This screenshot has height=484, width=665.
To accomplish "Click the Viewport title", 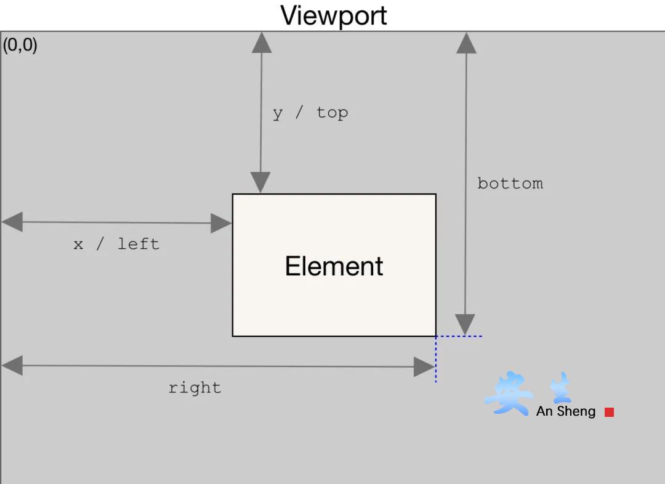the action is [x=333, y=16].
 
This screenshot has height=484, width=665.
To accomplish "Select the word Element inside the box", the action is [x=334, y=266].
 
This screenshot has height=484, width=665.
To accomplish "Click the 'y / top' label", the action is [x=310, y=113].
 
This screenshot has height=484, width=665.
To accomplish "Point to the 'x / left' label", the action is [x=116, y=244].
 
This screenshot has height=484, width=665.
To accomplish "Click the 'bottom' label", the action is [x=510, y=184].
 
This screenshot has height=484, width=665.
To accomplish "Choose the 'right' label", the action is [x=195, y=388].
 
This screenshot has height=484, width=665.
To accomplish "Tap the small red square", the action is [x=610, y=412].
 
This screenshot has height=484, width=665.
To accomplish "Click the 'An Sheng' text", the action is [x=566, y=411].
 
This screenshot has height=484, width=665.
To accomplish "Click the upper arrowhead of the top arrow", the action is [x=262, y=43].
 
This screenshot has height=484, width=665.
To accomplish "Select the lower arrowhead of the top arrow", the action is [x=260, y=182].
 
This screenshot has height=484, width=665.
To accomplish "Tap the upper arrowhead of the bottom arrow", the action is [x=467, y=43].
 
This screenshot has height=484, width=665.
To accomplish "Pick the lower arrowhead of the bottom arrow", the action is [x=465, y=325].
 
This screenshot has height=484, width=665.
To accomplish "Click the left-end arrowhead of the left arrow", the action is [x=12, y=222].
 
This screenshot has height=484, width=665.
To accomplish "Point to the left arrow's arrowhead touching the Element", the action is [x=221, y=223].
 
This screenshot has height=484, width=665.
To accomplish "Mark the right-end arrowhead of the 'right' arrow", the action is [x=424, y=367].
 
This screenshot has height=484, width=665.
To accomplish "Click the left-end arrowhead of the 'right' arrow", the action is [x=12, y=365].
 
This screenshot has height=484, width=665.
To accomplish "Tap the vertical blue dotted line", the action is [x=435, y=360].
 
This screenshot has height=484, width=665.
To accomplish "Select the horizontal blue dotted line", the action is [x=459, y=336].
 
